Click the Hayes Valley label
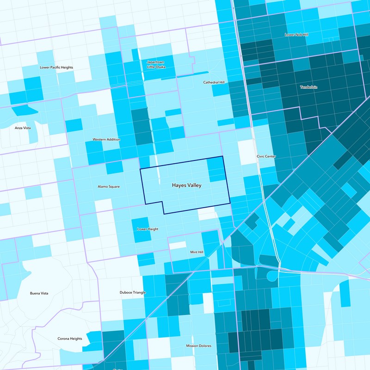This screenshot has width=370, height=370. coord(186,185)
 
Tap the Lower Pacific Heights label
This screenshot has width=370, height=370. coord(56,68)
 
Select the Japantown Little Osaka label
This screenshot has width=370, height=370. coord(156,64)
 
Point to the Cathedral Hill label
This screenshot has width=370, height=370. coord(214,82)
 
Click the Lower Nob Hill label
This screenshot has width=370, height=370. coord(296,35)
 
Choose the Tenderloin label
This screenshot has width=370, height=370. coord(308,87)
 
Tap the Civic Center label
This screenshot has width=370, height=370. coord(266,156)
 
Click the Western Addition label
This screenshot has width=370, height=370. coord(106,139)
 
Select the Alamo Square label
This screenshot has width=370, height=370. coord(109,186)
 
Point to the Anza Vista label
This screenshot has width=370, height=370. coord(23,128)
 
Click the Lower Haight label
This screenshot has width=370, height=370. coord(148,229)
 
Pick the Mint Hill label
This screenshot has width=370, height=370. coord(197,252)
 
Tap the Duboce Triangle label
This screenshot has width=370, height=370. coord(133,293)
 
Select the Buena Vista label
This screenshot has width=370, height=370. coord(39,293)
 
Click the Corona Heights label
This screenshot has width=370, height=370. coord(70,339)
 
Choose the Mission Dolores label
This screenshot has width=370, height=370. coord(198,345)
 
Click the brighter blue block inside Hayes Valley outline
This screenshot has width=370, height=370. coord(215,169)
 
